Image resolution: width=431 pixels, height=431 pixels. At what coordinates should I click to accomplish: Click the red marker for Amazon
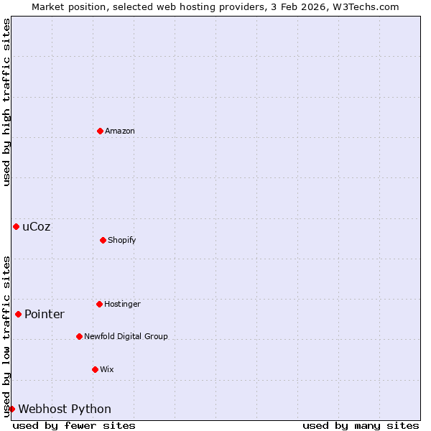pyautogui.click(x=101, y=131)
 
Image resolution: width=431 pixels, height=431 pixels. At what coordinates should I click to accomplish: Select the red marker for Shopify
pyautogui.click(x=103, y=240)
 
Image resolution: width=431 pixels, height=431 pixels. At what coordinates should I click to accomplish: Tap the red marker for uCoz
pyautogui.click(x=16, y=226)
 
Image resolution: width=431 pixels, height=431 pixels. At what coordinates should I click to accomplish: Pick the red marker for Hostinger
pyautogui.click(x=100, y=304)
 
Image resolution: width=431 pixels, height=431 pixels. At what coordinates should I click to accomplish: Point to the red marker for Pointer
pyautogui.click(x=19, y=314)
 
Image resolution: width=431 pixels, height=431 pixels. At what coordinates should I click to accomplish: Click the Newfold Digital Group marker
pyautogui.click(x=80, y=336)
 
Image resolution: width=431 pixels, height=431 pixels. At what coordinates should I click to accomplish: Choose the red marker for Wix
pyautogui.click(x=96, y=369)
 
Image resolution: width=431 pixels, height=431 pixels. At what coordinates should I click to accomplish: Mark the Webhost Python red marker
pyautogui.click(x=11, y=409)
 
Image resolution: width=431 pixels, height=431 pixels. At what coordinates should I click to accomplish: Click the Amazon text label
pyautogui.click(x=120, y=131)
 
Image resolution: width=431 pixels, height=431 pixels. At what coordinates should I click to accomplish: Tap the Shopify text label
pyautogui.click(x=122, y=240)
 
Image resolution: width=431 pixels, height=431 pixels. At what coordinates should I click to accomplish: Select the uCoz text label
pyautogui.click(x=37, y=226)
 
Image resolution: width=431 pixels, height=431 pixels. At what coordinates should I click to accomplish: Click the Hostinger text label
pyautogui.click(x=122, y=304)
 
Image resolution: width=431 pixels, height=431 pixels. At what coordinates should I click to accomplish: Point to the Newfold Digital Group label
pyautogui.click(x=126, y=336)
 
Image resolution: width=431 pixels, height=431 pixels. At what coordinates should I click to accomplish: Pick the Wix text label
pyautogui.click(x=107, y=369)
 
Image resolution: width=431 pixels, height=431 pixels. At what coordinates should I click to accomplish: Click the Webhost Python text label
pyautogui.click(x=65, y=409)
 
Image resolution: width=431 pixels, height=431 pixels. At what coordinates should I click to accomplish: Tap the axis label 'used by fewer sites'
pyautogui.click(x=74, y=425)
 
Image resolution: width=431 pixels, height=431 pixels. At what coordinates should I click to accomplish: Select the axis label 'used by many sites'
pyautogui.click(x=361, y=425)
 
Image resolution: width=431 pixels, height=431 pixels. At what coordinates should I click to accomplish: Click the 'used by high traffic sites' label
pyautogui.click(x=6, y=102)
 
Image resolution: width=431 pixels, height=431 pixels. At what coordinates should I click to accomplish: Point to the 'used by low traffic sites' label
pyautogui.click(x=6, y=335)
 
